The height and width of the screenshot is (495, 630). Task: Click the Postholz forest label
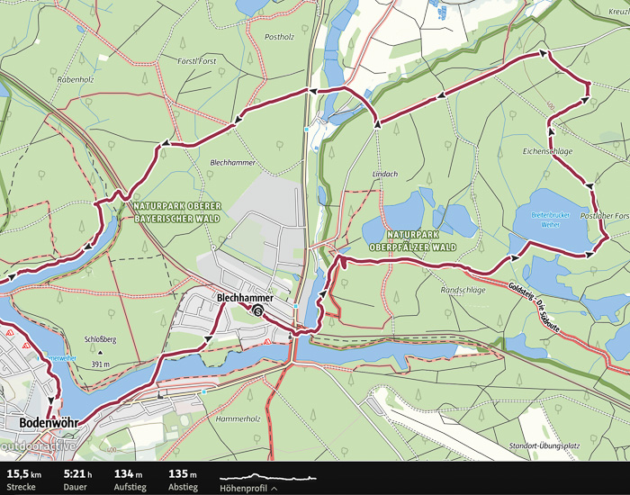279,37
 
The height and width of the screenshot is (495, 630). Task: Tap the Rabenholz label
75,78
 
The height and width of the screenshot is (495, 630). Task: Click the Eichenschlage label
547,151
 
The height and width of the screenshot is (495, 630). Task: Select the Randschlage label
463,291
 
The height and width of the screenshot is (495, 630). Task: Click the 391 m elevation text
99,364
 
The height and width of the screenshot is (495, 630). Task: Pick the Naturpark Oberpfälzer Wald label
411,240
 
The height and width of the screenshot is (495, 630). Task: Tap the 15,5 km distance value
23,472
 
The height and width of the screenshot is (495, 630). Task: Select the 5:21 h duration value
78,472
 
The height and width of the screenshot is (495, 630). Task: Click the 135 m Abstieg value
183,472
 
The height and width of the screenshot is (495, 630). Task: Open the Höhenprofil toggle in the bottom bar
247,487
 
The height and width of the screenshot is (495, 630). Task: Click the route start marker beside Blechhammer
258,311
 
